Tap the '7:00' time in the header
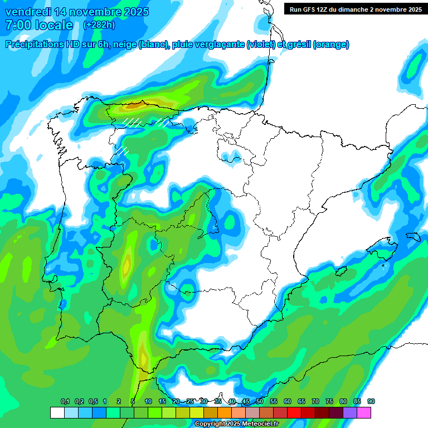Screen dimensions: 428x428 click(17, 25)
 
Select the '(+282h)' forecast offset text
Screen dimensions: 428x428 click(99, 25)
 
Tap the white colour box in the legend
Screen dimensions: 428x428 click(57, 413)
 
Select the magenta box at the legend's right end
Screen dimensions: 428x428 click(364, 413)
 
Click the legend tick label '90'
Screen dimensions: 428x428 click(371, 401)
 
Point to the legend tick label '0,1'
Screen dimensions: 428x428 click(65, 401)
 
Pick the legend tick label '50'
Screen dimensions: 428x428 click(260, 401)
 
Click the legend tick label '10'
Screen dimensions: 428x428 click(148, 401)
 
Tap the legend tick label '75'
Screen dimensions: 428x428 click(329, 401)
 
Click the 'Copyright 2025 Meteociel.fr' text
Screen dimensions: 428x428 click(236, 424)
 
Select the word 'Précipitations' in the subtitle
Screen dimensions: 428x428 click(34, 45)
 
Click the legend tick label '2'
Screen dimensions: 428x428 click(119, 401)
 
